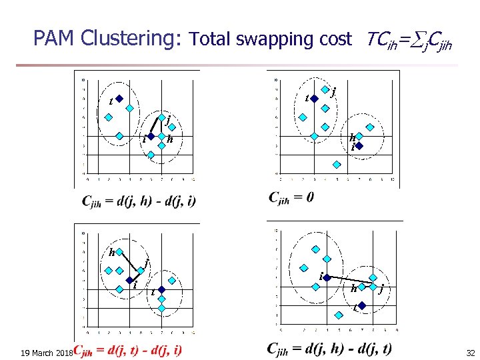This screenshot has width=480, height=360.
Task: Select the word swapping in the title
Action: pos(267,40)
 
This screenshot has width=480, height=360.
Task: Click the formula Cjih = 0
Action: pos(291,197)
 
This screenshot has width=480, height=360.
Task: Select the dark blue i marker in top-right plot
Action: pos(358,145)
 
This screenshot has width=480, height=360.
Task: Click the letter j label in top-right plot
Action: pos(333,91)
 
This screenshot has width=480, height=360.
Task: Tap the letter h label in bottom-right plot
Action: pos(353,289)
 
